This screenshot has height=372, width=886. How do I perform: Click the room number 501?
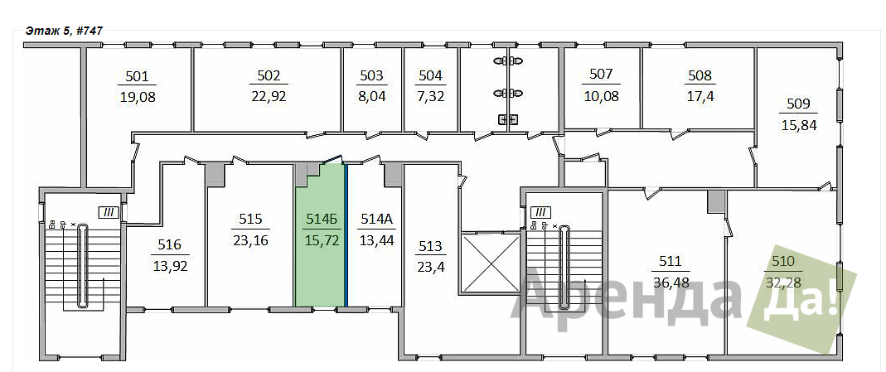tap(138, 77)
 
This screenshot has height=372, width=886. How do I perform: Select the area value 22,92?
tap(269, 97)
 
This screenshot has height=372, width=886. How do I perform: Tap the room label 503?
tap(372, 76)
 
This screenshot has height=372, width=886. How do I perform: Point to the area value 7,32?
tap(431, 97)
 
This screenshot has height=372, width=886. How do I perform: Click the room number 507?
tap(601, 75)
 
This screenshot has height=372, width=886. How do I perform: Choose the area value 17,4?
tap(700, 97)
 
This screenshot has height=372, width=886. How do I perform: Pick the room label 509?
tap(798, 104)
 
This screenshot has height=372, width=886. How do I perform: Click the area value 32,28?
tap(784, 282)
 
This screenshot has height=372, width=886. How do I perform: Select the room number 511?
tap(671, 261)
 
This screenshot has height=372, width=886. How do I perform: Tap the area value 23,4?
tap(432, 267)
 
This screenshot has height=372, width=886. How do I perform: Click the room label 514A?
tap(377, 220)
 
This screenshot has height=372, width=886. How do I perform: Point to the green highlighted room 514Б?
tap(321, 237)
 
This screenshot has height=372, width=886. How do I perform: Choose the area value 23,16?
tap(250, 241)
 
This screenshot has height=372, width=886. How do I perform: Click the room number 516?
tap(170, 245)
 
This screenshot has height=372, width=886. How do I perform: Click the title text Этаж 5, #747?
tap(64, 31)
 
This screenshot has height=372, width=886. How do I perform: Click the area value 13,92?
tap(170, 266)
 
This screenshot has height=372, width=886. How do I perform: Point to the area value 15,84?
tap(798, 125)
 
